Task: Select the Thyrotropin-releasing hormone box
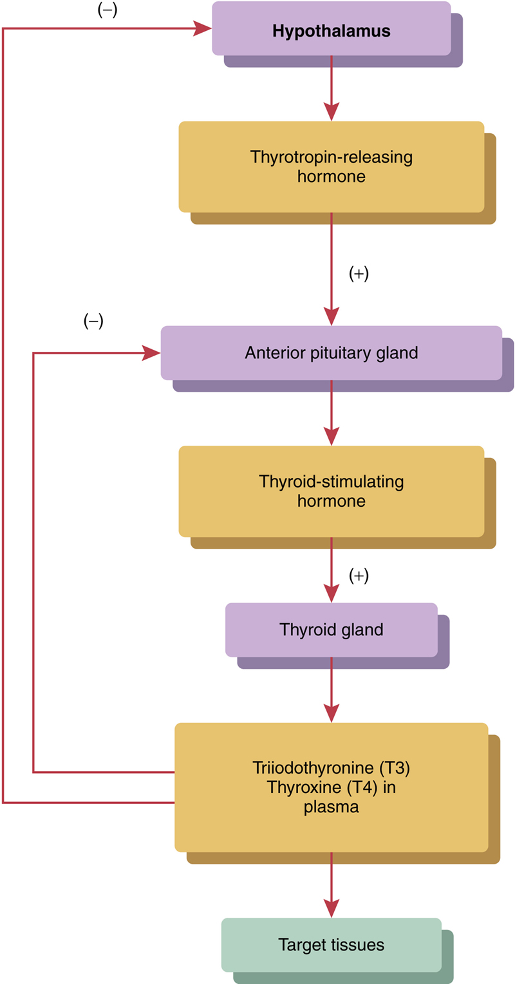pyautogui.click(x=331, y=167)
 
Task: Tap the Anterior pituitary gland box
pyautogui.click(x=331, y=353)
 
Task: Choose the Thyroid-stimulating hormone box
pyautogui.click(x=331, y=491)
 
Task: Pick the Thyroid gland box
pyautogui.click(x=331, y=629)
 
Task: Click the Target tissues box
pyautogui.click(x=331, y=944)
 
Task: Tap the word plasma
pyautogui.click(x=331, y=806)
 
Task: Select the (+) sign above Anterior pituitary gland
pyautogui.click(x=359, y=274)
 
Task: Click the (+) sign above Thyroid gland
pyautogui.click(x=359, y=576)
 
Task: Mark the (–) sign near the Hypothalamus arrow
pyautogui.click(x=107, y=11)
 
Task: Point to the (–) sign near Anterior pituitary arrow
pyautogui.click(x=93, y=322)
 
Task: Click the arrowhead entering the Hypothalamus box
pyautogui.click(x=203, y=28)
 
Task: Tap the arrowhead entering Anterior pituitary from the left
pyautogui.click(x=152, y=353)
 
